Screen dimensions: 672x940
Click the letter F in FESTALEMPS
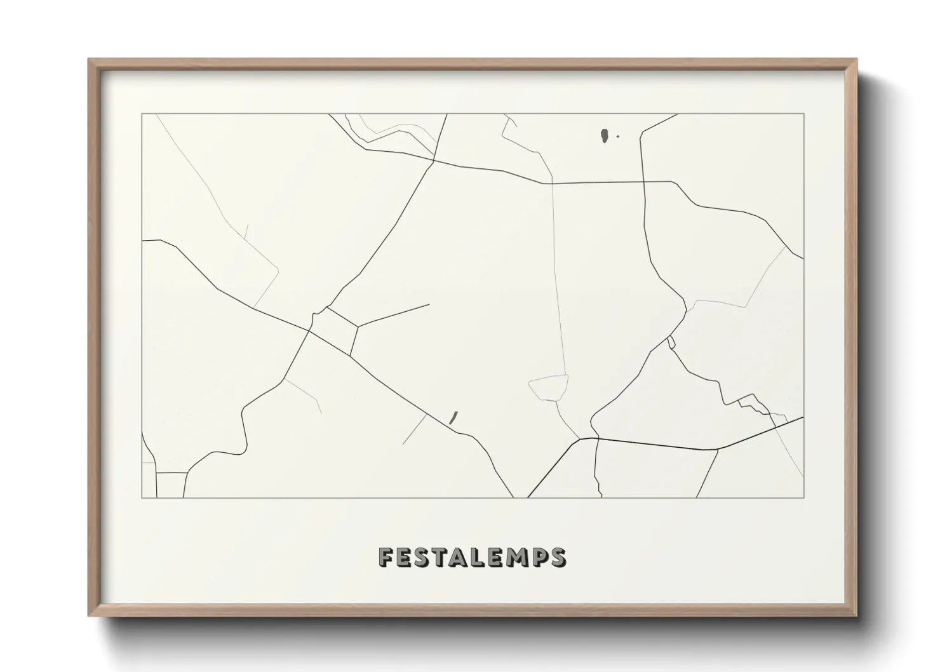[x=386, y=557]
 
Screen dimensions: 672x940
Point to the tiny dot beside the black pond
[x=618, y=136]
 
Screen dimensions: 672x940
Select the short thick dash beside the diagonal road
[x=453, y=417]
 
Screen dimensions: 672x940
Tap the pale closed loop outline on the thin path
[x=549, y=387]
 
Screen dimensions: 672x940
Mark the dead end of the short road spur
[x=429, y=305]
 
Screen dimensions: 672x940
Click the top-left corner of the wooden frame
[x=89, y=60]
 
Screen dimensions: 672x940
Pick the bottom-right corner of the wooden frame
[x=856, y=615]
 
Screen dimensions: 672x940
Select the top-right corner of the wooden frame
[x=856, y=60]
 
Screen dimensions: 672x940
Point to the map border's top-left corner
[x=142, y=114]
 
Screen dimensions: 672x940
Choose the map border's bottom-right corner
[x=803, y=497]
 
